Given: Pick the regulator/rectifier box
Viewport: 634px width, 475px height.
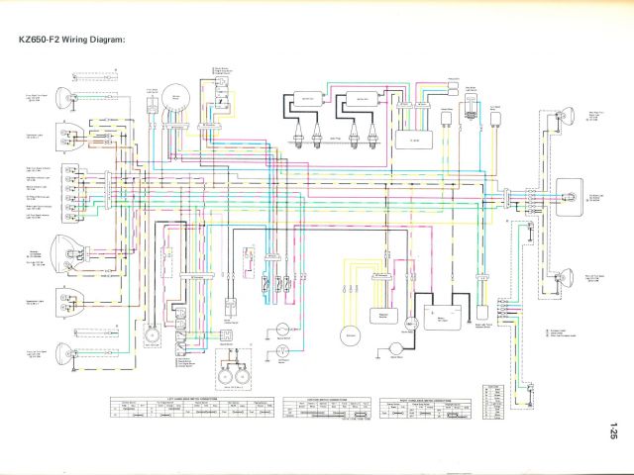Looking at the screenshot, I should click(376, 315).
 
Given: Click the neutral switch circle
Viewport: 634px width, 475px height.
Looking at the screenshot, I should click(283, 328).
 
